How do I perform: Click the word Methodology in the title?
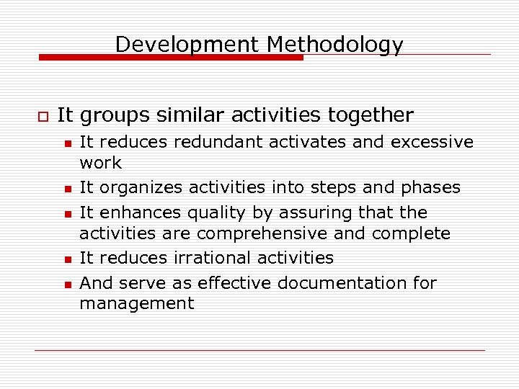[x=334, y=45]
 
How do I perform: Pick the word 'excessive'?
[x=432, y=142]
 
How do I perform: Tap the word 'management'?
[x=136, y=304]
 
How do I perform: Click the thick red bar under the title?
[x=170, y=57]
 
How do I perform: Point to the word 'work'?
[x=100, y=163]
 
